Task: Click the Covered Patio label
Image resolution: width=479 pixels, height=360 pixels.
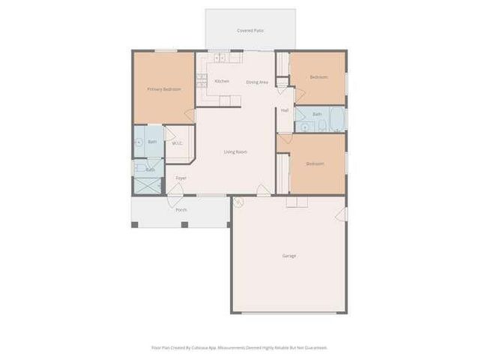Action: [250, 31]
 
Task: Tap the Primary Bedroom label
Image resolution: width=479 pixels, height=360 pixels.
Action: [163, 89]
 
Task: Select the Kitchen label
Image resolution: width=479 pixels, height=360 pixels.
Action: [222, 81]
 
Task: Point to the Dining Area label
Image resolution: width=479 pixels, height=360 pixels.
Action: [257, 82]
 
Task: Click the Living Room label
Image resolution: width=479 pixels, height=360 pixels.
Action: [235, 151]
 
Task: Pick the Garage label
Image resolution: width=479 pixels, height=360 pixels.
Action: [289, 256]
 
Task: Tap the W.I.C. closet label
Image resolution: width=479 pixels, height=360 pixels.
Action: [178, 143]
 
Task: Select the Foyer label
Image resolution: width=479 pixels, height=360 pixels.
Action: [181, 178]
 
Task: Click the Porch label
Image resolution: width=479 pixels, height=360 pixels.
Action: [181, 209]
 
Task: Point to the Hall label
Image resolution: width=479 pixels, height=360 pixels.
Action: [285, 110]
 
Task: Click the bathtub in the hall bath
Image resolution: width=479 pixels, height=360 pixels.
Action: [335, 119]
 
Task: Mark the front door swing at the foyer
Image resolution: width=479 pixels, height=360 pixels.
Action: [175, 190]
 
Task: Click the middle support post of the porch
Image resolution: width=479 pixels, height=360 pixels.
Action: [184, 223]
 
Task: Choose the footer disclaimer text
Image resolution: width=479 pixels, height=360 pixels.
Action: [240, 347]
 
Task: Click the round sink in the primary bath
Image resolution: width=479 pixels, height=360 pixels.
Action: [139, 141]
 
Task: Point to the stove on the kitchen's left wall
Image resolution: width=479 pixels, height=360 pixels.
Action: [201, 76]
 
